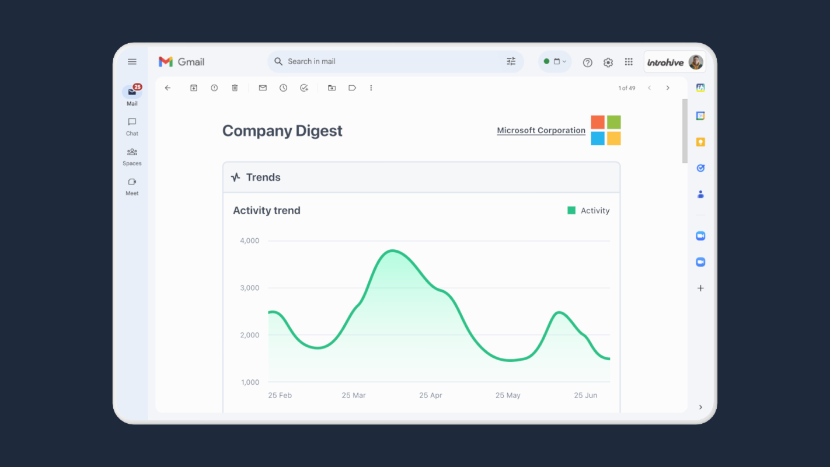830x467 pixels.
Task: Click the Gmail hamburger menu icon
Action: tap(132, 61)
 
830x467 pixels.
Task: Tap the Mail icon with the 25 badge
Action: tap(132, 92)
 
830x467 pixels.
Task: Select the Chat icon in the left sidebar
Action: tap(132, 121)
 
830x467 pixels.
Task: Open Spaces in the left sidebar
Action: tap(132, 152)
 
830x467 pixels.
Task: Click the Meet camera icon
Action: tap(132, 182)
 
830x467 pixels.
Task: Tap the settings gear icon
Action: tap(608, 62)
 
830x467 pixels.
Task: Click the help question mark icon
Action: tap(587, 62)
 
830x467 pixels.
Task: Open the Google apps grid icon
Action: tap(629, 62)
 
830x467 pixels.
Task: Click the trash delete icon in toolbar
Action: tap(235, 88)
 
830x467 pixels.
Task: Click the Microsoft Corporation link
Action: tap(541, 130)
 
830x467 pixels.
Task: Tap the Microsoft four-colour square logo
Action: tap(606, 130)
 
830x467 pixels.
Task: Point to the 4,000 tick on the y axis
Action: tap(250, 241)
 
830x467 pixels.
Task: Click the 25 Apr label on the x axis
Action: tap(431, 395)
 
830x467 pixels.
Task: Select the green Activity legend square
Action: tap(571, 211)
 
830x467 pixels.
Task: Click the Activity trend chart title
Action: tap(267, 211)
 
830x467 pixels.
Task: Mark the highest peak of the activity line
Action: tap(393, 251)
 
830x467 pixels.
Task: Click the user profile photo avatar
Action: tap(696, 62)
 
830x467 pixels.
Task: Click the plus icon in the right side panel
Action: tap(700, 288)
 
